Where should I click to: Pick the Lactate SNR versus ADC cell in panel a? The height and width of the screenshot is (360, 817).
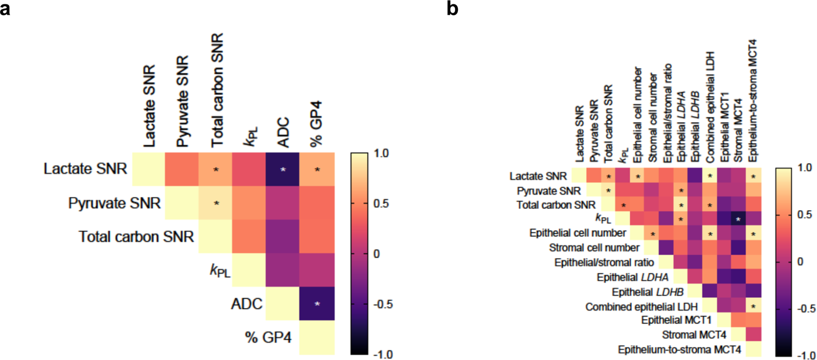283,170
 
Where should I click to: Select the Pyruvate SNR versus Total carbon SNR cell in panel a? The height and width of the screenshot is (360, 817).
216,203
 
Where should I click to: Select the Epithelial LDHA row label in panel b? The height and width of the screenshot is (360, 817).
643,278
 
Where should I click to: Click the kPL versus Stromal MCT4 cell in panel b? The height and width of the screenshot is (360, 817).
738,219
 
